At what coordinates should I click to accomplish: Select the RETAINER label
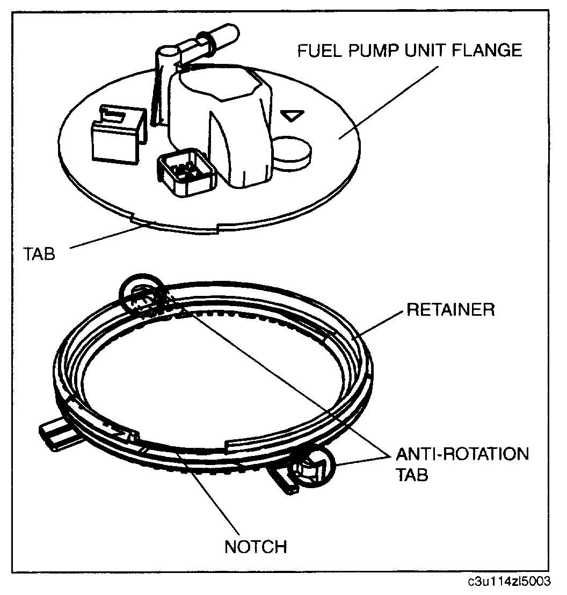450,310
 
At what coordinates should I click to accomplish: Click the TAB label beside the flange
39,252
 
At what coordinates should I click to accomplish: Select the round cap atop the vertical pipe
168,54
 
